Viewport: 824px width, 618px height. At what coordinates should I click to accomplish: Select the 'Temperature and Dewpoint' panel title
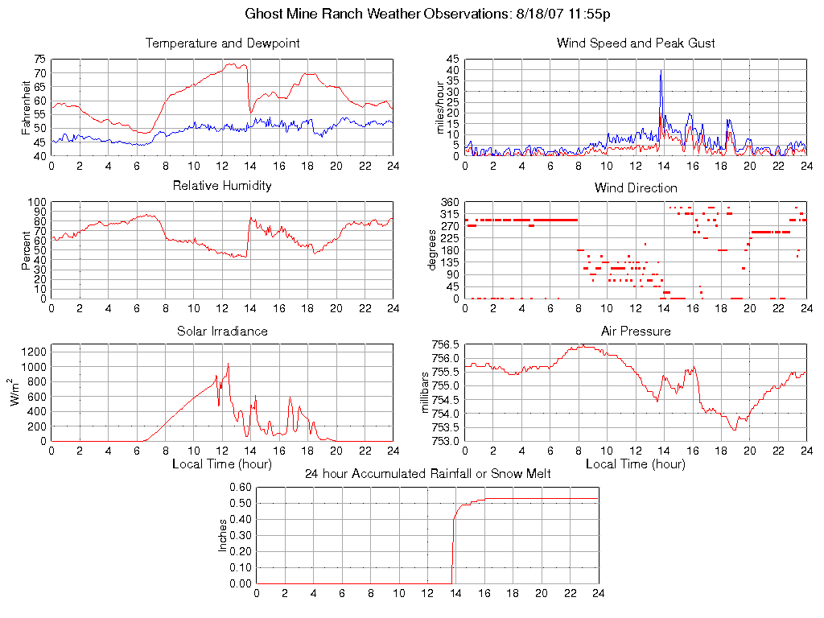(x=222, y=43)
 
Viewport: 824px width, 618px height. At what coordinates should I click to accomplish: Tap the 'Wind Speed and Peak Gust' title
(x=636, y=43)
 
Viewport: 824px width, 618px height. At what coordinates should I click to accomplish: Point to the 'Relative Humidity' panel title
(x=222, y=186)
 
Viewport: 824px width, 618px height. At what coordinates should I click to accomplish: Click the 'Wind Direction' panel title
(x=636, y=188)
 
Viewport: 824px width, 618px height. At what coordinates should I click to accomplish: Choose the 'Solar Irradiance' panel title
(x=222, y=332)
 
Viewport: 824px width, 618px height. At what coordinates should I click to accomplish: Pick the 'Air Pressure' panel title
(x=636, y=332)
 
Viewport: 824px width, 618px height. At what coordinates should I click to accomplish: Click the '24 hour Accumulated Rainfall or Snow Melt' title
(x=427, y=474)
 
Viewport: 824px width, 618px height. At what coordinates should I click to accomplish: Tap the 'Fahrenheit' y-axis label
(x=27, y=108)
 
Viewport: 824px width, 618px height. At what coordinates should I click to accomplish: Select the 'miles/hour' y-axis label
(x=440, y=108)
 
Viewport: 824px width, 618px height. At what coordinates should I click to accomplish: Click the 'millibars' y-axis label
(x=427, y=393)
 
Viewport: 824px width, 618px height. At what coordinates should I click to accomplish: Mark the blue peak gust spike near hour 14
(x=661, y=72)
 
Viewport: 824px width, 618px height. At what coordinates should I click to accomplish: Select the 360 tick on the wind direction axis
(x=450, y=202)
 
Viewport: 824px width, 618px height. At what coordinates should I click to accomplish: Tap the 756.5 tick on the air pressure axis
(x=445, y=344)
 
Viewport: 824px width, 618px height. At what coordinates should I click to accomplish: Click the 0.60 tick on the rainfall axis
(x=241, y=488)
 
